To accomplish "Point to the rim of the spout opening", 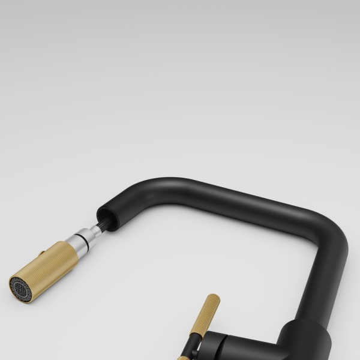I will pyautogui.click(x=100, y=212).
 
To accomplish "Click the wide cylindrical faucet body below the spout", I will pyautogui.click(x=306, y=342).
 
